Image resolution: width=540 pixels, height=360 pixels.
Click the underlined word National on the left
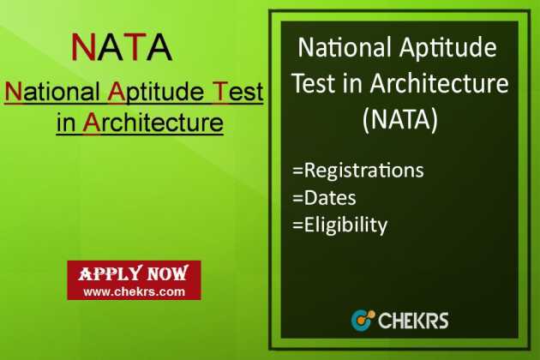52,91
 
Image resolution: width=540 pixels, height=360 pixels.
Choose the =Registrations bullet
357,170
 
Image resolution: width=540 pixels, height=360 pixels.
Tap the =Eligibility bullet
339,225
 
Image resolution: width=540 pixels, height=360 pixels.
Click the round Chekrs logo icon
363,321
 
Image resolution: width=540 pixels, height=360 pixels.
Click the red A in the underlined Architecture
91,122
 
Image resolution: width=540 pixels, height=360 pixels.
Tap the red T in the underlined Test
221,91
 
